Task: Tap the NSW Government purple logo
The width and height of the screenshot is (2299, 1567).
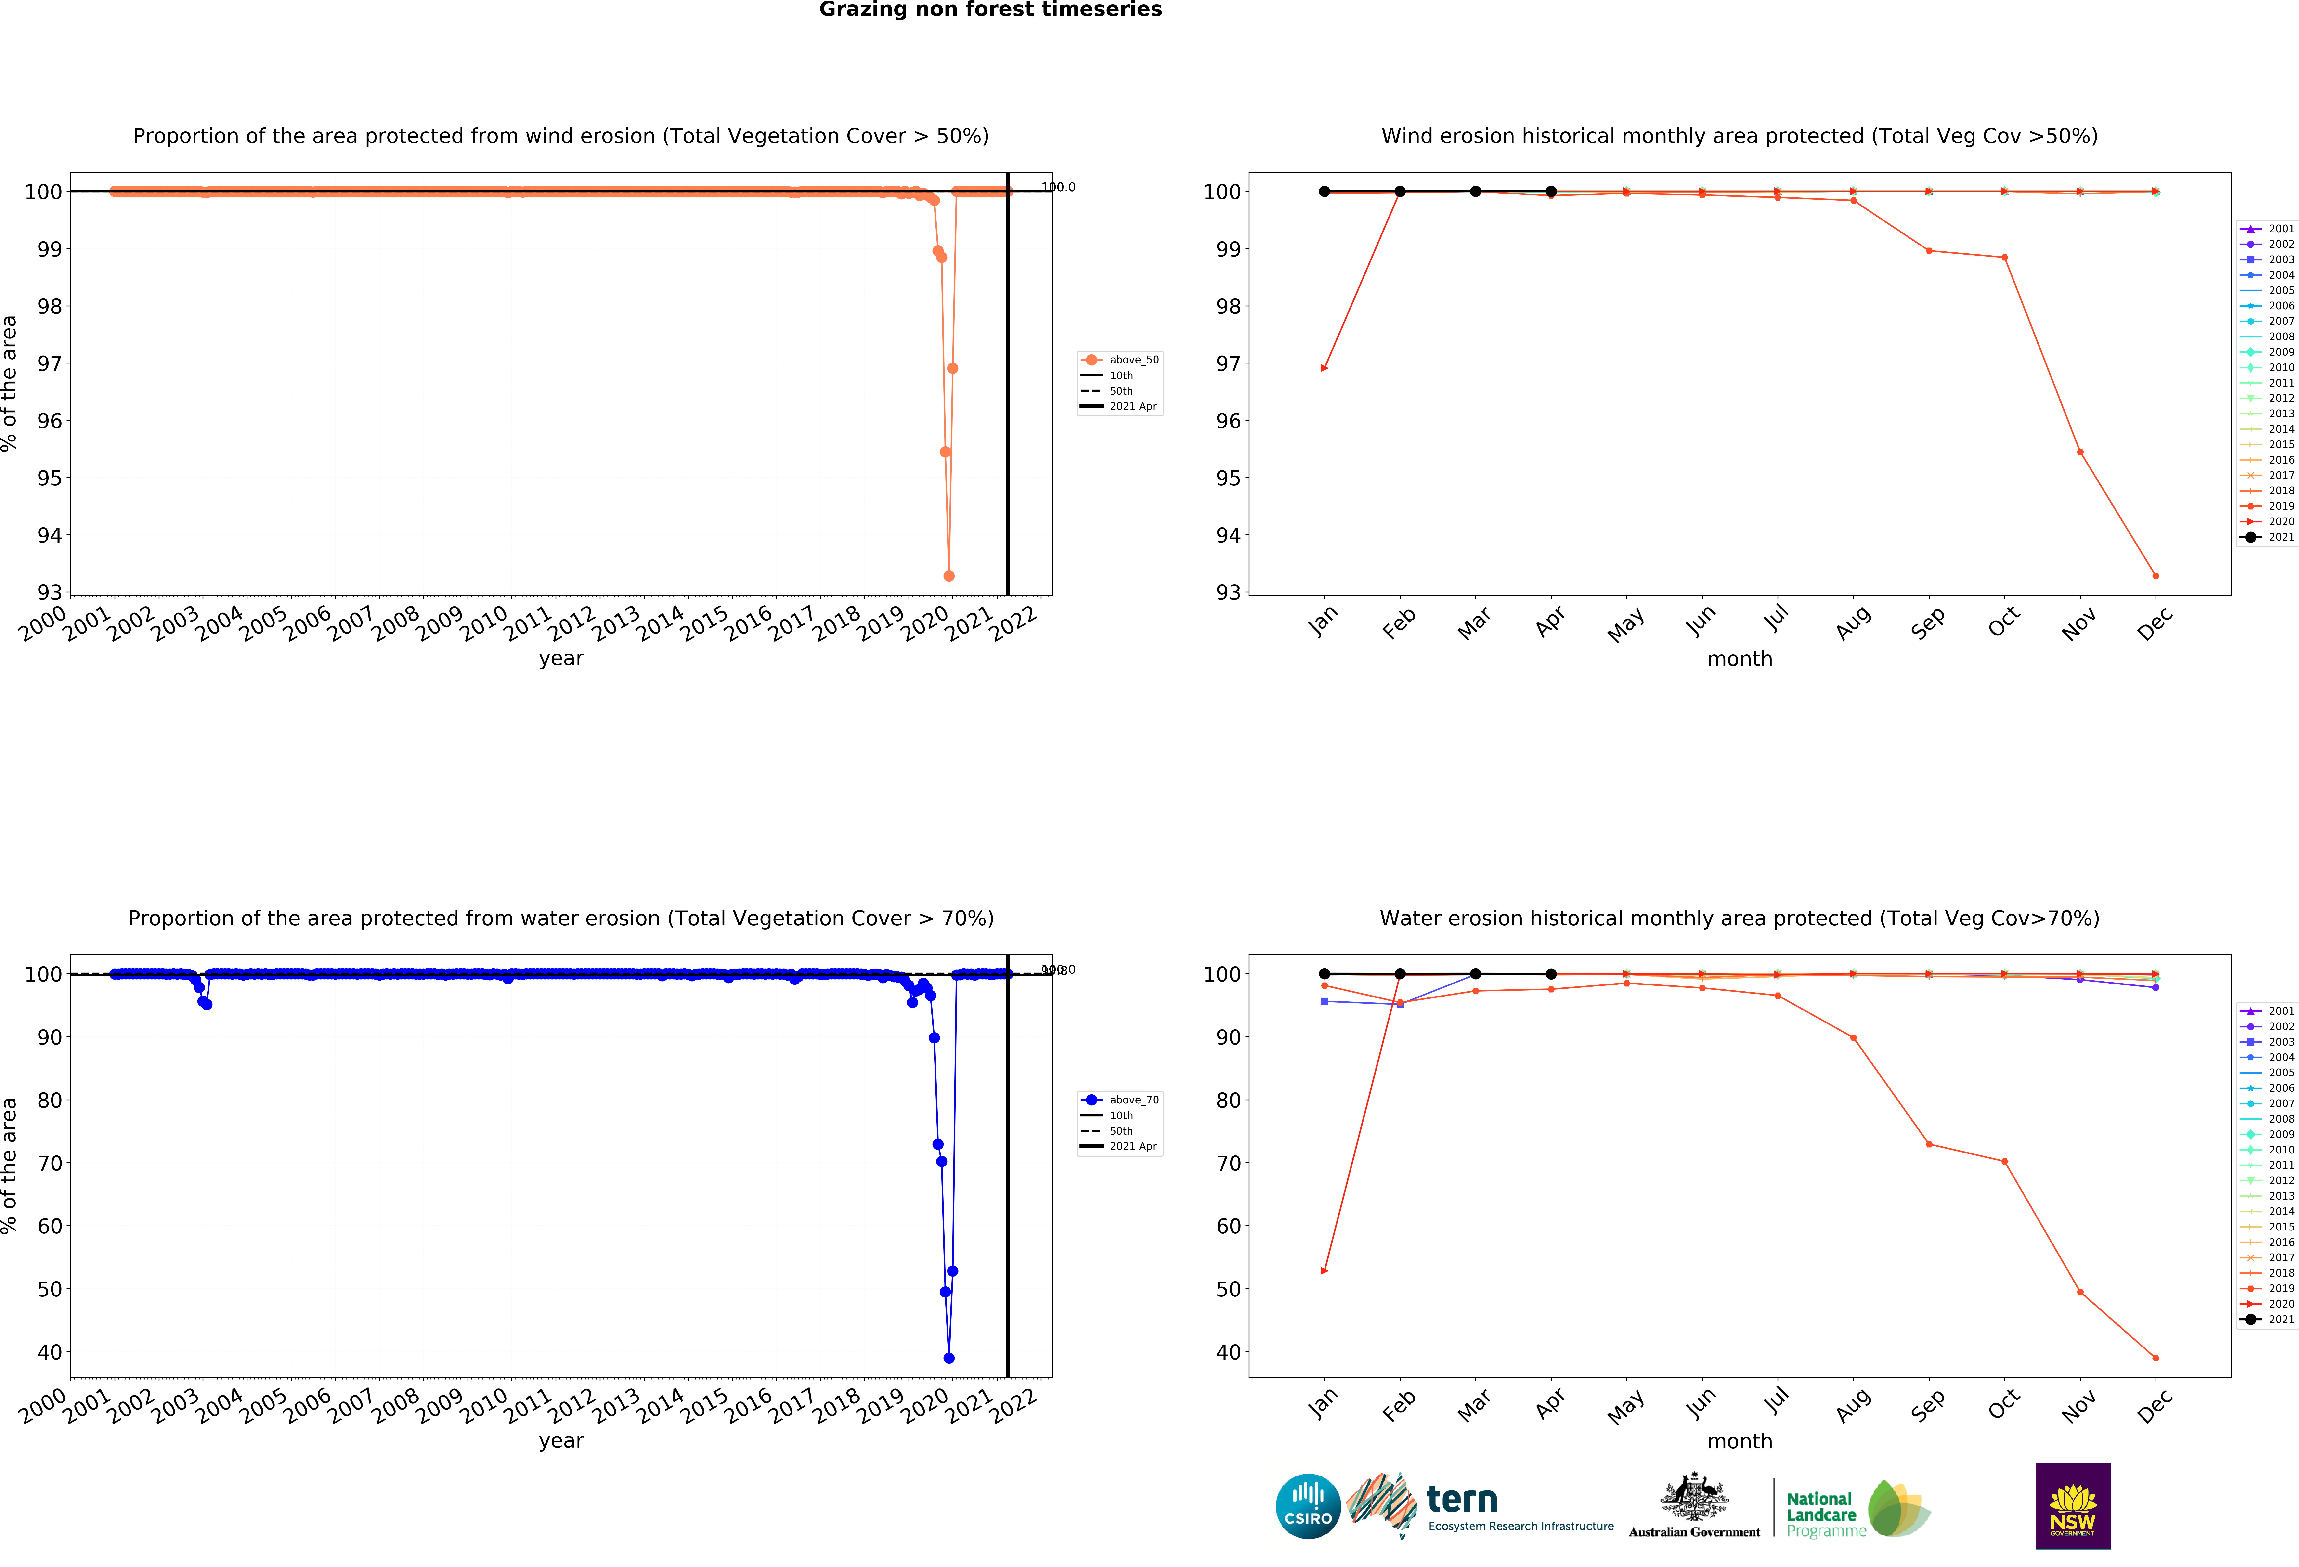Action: [x=2072, y=1506]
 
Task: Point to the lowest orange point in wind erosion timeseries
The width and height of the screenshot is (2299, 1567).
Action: [x=949, y=576]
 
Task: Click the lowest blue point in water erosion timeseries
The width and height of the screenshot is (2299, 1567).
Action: [x=949, y=1358]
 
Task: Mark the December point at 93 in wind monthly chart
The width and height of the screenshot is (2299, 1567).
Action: [x=2156, y=576]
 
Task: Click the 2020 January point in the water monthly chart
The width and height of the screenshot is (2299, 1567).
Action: [x=1325, y=1271]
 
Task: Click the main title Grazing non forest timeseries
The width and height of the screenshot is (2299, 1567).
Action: [x=990, y=10]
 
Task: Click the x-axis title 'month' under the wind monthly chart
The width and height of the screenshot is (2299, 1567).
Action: [x=1739, y=659]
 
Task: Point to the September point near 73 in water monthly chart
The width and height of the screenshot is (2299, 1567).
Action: [x=1929, y=1145]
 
